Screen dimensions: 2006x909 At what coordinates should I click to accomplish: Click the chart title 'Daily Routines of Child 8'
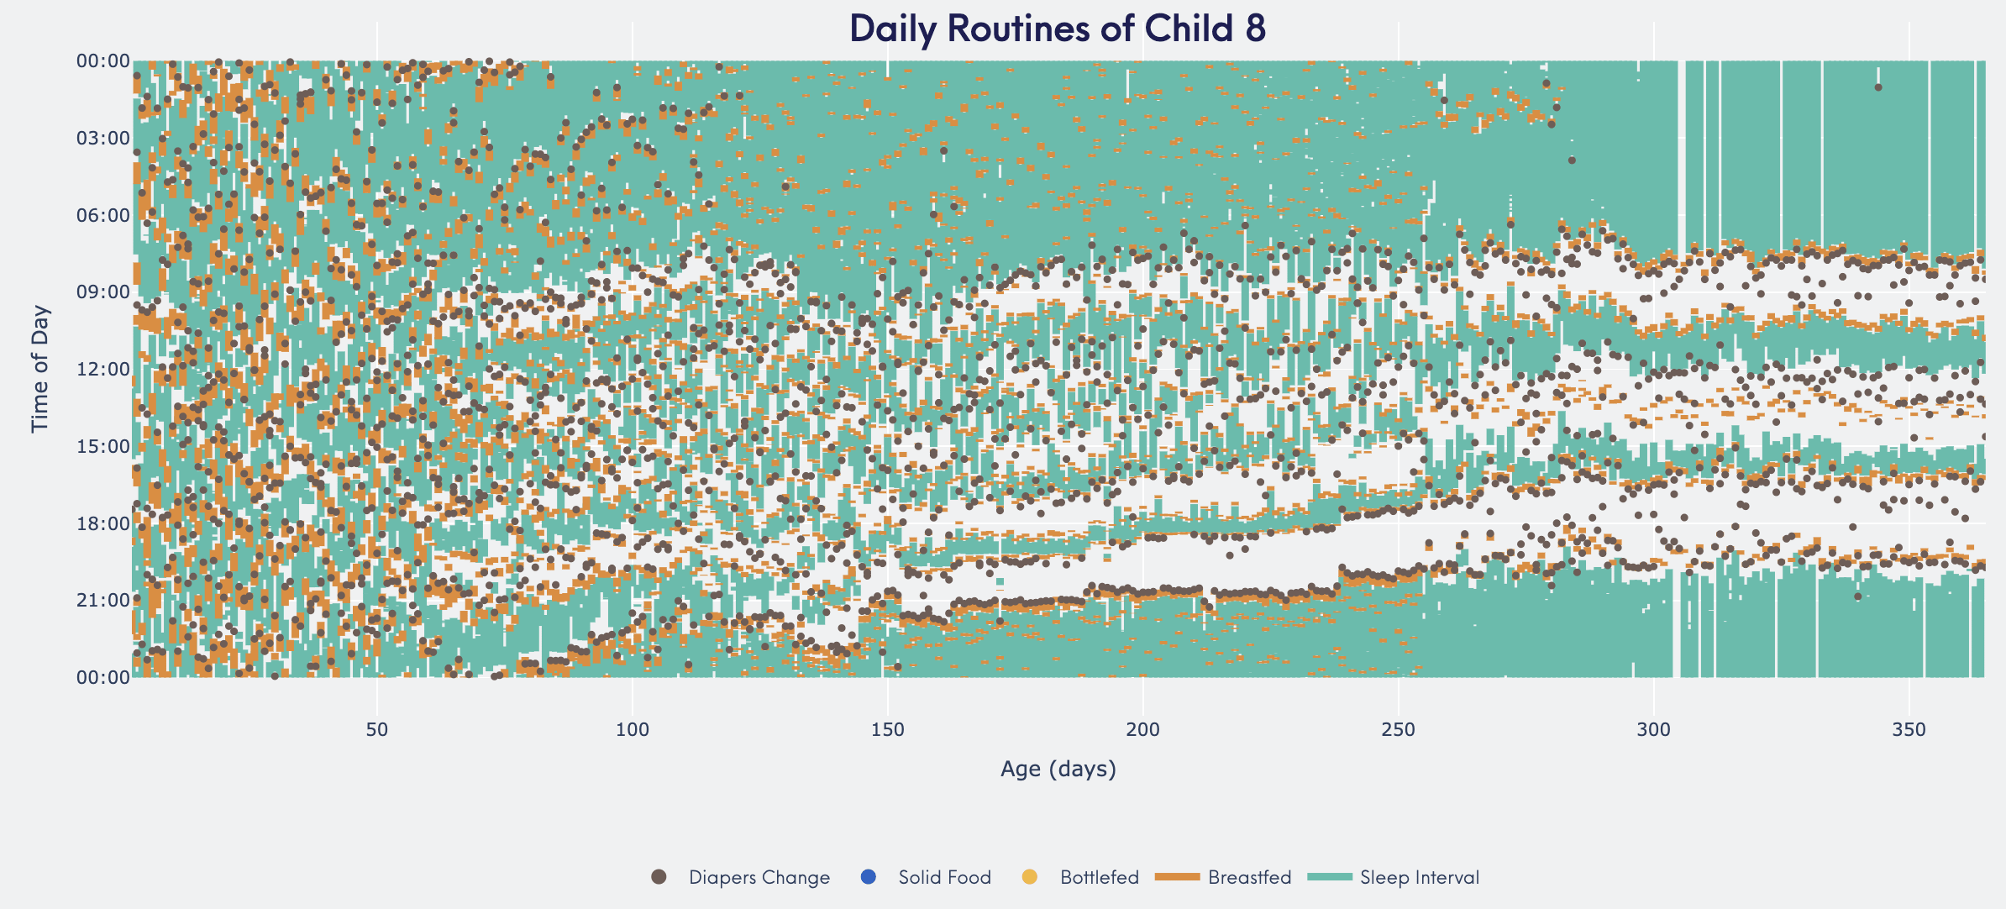pos(1058,28)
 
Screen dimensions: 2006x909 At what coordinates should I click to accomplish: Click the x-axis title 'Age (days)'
pos(1058,769)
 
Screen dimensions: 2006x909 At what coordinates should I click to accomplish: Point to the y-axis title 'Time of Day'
pos(39,369)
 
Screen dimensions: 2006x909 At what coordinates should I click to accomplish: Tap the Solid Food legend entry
pos(926,877)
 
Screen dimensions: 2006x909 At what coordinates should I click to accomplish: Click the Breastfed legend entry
pos(1223,877)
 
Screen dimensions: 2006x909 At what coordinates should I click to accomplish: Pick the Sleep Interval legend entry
pos(1394,877)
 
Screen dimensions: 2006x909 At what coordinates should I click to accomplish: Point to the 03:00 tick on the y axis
pos(103,138)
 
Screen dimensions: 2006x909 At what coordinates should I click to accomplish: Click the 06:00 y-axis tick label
pos(103,215)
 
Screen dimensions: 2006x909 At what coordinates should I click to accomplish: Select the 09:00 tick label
pos(103,292)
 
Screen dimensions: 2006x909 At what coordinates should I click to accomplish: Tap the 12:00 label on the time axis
pos(103,369)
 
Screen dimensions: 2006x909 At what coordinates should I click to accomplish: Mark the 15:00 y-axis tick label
pos(103,446)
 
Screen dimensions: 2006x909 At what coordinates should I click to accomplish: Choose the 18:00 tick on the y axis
pos(103,523)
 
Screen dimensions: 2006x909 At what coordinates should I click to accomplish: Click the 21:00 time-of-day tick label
pos(103,600)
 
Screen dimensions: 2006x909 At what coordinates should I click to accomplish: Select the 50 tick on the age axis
pos(377,729)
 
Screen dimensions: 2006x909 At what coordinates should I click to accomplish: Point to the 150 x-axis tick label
pos(888,729)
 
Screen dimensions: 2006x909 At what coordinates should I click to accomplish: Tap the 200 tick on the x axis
pos(1143,729)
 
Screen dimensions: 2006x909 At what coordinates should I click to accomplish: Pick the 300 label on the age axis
pos(1654,729)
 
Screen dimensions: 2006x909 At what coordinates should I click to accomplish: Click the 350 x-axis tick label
pos(1909,729)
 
